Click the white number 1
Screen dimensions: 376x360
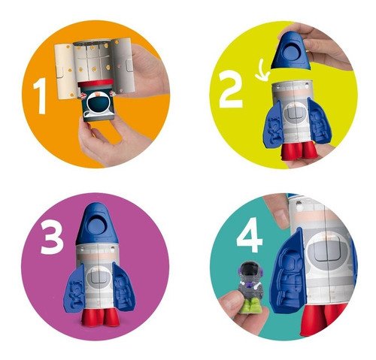[40, 95]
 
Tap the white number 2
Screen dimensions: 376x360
[231, 89]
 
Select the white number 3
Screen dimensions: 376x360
[52, 238]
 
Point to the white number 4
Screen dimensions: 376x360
[250, 235]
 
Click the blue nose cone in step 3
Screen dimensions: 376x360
[97, 223]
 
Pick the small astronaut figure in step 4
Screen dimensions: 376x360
[250, 286]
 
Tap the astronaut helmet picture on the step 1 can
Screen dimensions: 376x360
[99, 104]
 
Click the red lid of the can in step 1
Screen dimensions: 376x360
[96, 83]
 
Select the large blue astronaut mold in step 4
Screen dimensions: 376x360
[289, 273]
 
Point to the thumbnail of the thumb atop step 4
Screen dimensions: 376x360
[281, 215]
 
